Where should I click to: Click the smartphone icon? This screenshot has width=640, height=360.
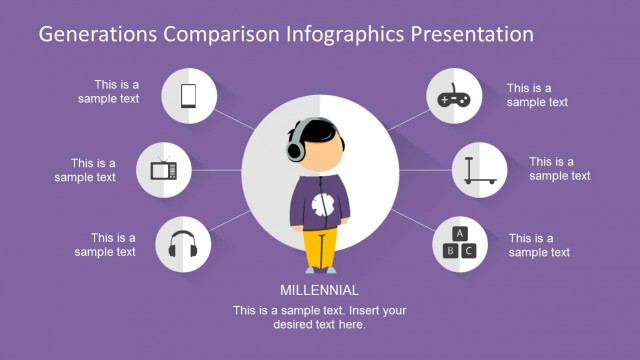click(x=187, y=95)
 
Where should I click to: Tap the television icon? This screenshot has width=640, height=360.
click(x=164, y=168)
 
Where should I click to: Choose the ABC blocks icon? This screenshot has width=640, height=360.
click(x=459, y=243)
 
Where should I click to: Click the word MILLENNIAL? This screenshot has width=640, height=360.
click(x=320, y=291)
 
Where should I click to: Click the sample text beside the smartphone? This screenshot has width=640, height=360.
click(x=109, y=92)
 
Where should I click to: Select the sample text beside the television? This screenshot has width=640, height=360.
click(x=85, y=170)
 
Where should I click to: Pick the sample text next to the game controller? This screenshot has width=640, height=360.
click(x=537, y=95)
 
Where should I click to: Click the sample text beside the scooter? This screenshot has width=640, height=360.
click(x=560, y=168)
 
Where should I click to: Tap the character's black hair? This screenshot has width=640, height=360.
click(x=320, y=130)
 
